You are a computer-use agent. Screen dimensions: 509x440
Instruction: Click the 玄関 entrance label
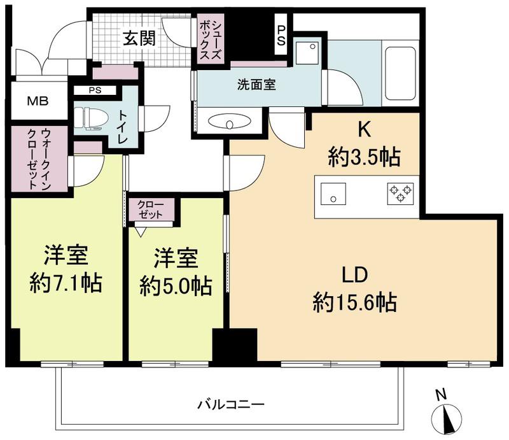click(x=139, y=39)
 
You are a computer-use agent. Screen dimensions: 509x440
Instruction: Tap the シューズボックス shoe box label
click(x=211, y=41)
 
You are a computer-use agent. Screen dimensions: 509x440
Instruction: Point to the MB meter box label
click(x=38, y=101)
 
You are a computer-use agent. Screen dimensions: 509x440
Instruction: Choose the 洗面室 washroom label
click(x=256, y=85)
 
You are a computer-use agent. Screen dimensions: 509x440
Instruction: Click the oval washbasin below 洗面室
click(x=230, y=122)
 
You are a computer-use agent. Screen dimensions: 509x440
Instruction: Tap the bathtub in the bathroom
click(x=400, y=73)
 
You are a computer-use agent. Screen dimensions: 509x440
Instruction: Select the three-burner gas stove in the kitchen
click(x=401, y=194)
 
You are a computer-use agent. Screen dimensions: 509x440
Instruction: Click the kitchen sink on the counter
click(x=333, y=194)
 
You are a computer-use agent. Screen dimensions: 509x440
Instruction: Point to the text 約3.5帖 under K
click(x=364, y=157)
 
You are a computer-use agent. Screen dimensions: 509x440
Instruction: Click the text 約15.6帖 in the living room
click(x=355, y=302)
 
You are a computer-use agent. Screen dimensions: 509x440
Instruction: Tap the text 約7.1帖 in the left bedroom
click(x=66, y=283)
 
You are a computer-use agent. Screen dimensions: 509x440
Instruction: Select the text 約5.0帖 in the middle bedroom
click(x=176, y=286)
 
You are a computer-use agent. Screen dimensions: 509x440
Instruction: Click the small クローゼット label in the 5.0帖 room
click(x=150, y=209)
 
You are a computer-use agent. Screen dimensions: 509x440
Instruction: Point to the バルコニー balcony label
click(x=231, y=404)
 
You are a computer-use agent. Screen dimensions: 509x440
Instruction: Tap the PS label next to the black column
click(x=281, y=36)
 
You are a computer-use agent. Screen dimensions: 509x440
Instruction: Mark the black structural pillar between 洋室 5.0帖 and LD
click(x=235, y=344)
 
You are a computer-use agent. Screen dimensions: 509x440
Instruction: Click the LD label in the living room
click(x=355, y=275)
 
